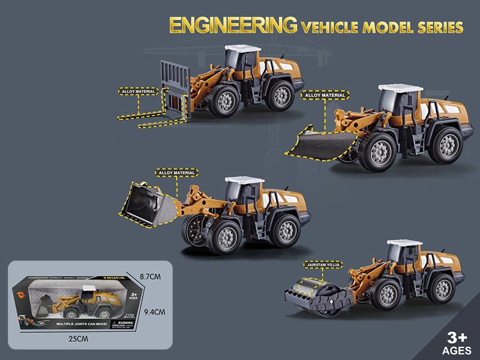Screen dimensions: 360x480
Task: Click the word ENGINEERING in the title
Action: (x=233, y=26)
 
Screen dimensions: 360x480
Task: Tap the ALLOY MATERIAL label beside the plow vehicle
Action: (x=323, y=95)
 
